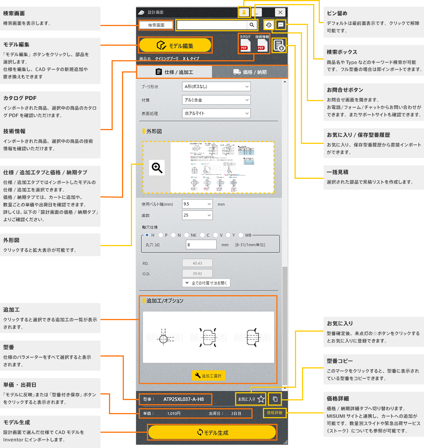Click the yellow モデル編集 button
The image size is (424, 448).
pos(175,45)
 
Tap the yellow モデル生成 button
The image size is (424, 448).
pos(212,432)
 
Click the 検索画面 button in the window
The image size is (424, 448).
pos(156,25)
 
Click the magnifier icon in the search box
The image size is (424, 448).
pos(252,25)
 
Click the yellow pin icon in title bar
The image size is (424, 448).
pos(244,12)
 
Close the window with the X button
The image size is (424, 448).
pos(280,12)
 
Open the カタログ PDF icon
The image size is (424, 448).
pos(245,44)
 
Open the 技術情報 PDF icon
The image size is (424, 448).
pos(262,44)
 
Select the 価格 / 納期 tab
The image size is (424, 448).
pos(250,72)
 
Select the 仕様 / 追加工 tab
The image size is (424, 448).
pos(174,72)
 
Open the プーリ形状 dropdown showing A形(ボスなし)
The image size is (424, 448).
pos(216,87)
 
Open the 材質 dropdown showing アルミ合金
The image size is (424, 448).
pos(216,100)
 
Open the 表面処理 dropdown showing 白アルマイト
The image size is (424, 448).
pos(216,113)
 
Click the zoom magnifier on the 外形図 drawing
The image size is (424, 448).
pos(157,168)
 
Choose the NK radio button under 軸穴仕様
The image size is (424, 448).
pos(187,235)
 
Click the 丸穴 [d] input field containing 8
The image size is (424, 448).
pos(201,245)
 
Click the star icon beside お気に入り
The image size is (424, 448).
pos(261,399)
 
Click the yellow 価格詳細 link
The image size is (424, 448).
pos(274,413)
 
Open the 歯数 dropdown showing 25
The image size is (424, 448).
pos(197,215)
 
